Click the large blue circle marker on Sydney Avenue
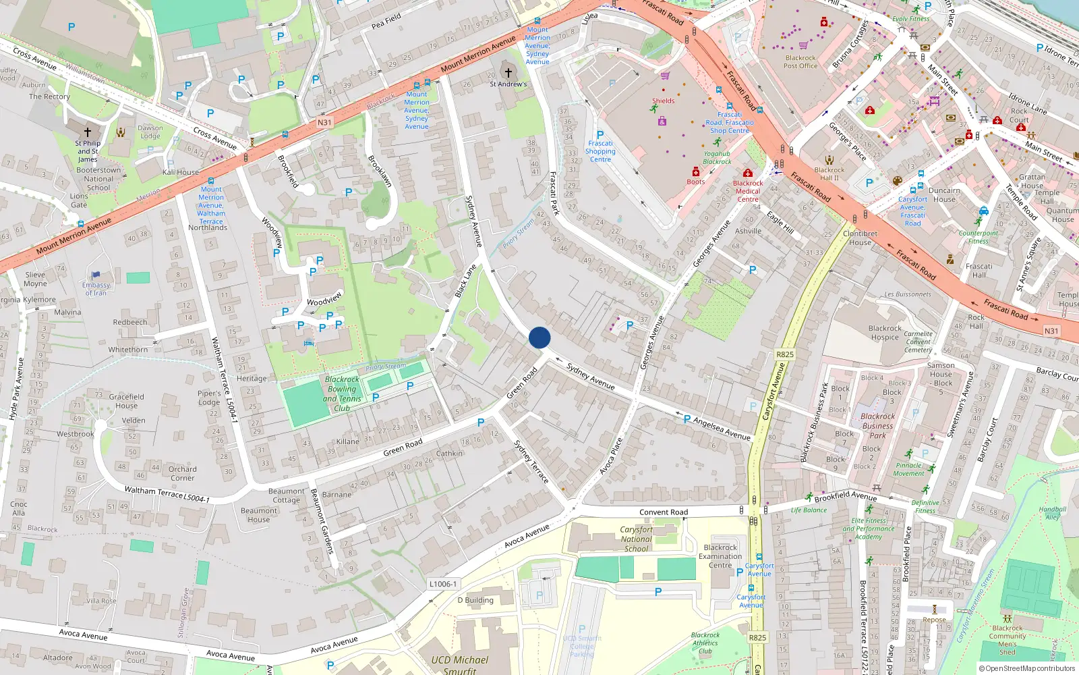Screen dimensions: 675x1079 click(539, 337)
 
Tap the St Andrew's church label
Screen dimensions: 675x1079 click(508, 84)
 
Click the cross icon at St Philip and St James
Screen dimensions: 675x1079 click(88, 132)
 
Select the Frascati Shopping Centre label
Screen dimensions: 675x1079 click(600, 151)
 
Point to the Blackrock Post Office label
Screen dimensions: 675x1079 click(800, 62)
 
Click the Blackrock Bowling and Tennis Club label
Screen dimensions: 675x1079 click(343, 394)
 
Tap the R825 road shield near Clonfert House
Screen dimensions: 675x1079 click(785, 354)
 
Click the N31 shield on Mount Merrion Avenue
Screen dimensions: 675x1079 click(324, 123)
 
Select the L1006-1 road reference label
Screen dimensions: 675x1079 click(443, 584)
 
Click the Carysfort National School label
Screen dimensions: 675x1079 click(636, 539)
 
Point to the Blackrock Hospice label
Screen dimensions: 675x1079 click(885, 333)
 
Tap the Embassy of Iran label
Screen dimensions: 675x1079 click(96, 289)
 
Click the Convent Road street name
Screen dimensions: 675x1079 click(664, 512)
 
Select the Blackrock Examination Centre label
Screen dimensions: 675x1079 click(720, 556)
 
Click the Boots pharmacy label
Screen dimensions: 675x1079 click(696, 182)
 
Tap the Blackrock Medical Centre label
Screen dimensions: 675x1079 click(748, 191)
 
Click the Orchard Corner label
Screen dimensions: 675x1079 click(182, 473)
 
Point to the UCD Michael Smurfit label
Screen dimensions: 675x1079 click(460, 664)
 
